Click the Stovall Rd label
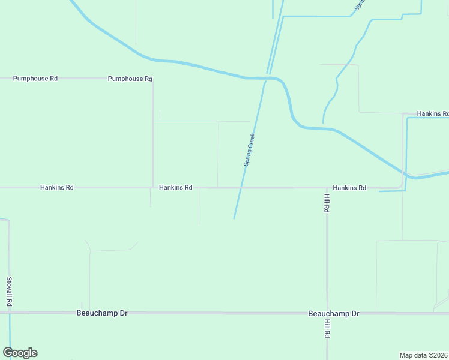10,292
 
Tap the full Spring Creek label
250,149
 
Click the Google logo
20,353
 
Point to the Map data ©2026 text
424,355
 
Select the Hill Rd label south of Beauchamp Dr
328,328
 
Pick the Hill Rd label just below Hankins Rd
327,203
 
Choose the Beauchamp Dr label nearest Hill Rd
333,314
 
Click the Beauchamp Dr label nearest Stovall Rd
103,313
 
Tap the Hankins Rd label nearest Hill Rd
349,188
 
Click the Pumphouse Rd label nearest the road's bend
130,79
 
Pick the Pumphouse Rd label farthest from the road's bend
35,79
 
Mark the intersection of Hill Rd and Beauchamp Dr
327,313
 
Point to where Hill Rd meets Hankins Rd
327,188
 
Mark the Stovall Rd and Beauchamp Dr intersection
10,313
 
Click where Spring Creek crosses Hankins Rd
241,188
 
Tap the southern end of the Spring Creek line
234,218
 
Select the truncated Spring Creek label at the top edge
359,5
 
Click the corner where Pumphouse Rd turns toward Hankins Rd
152,79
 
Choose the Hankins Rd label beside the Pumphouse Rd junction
175,188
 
